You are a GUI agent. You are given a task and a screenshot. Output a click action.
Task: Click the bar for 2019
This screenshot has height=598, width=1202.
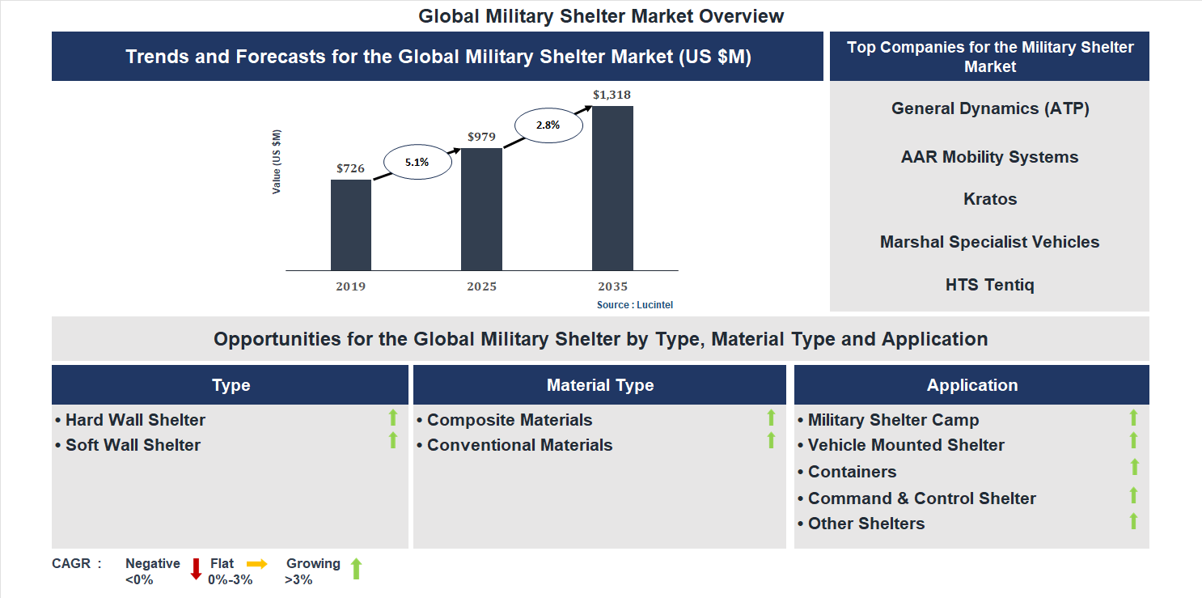click(x=351, y=225)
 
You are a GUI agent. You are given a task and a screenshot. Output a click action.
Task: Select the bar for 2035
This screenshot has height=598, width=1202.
click(x=612, y=188)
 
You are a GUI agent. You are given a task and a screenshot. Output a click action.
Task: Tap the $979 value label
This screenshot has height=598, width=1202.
click(x=481, y=137)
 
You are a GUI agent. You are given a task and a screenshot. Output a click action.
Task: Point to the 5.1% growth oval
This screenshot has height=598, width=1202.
click(x=417, y=162)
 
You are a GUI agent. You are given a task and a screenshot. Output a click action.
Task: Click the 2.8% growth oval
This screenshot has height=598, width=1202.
click(x=548, y=125)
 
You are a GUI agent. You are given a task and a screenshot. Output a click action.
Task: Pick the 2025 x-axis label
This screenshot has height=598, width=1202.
click(x=481, y=286)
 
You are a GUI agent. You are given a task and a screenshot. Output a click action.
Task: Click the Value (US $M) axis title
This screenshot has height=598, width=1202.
click(x=277, y=162)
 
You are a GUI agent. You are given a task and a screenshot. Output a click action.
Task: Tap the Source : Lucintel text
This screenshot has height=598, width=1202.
click(x=635, y=305)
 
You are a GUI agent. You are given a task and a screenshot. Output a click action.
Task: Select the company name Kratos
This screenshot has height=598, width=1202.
click(x=989, y=199)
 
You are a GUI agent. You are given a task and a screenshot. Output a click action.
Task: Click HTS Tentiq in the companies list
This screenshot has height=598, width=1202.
click(x=989, y=285)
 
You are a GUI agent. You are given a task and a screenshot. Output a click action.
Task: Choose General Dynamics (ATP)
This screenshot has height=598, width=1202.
click(x=989, y=108)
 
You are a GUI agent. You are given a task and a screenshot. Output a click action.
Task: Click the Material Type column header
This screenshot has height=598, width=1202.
click(x=599, y=385)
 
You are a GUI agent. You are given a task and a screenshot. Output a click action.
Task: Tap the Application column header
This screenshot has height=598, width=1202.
click(x=971, y=385)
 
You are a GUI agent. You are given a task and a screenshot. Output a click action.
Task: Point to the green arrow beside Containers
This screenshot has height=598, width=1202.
click(x=1134, y=467)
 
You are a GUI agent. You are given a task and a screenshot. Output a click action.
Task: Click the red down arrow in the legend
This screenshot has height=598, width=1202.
click(x=196, y=569)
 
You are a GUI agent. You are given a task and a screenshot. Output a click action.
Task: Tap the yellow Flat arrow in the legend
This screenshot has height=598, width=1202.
click(x=257, y=564)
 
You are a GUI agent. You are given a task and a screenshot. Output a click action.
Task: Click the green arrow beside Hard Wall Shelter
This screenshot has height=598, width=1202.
click(x=393, y=418)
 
